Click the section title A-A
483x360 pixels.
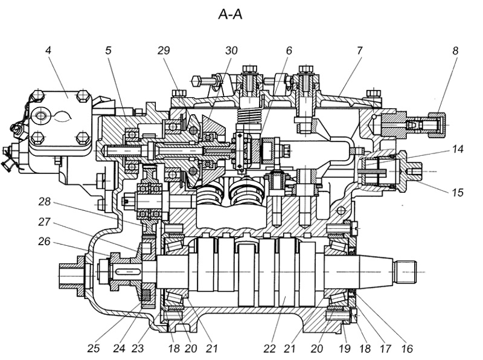tap(230, 14)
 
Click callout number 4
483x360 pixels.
tap(48, 50)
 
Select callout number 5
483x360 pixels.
tap(108, 50)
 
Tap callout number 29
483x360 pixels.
tap(164, 50)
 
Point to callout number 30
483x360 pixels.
tap(231, 50)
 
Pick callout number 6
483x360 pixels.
tap(289, 50)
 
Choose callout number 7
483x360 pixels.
tap(360, 50)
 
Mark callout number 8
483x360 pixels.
tap(455, 50)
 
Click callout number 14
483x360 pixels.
tap(458, 149)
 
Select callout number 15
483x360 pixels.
tap(458, 192)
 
